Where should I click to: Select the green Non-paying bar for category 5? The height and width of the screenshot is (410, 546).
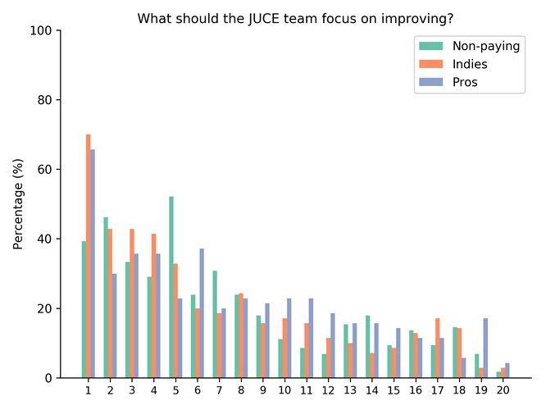click(171, 287)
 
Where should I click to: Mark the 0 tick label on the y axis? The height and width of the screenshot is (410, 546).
click(49, 378)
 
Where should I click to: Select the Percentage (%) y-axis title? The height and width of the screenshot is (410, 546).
click(18, 204)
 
